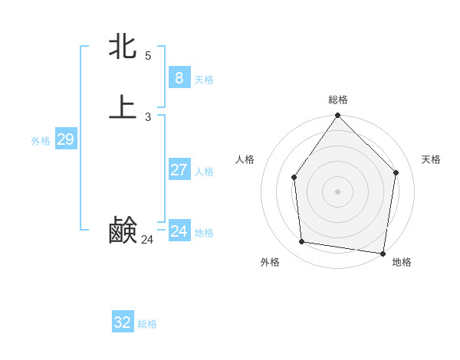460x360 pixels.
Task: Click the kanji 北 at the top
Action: pos(123,46)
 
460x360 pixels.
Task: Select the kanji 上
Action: pos(123,107)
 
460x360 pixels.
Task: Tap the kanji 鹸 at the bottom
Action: pos(123,230)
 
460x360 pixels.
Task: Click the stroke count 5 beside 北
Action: pos(148,56)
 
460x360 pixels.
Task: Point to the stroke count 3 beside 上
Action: pos(148,117)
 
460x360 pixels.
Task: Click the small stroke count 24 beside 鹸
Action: pos(147,240)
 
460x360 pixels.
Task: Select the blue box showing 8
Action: pos(179,78)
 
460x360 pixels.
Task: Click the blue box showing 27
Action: pos(179,170)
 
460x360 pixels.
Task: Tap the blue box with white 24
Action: pos(179,231)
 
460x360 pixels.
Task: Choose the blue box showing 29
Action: pos(65,139)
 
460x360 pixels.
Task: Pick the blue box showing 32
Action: pos(123,322)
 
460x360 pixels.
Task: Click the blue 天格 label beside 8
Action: pos(204,80)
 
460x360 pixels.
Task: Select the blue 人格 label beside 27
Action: pos(204,172)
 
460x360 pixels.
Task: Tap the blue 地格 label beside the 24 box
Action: pos(204,233)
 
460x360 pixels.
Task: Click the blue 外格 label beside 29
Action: pos(41,141)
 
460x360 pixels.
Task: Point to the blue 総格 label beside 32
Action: pos(147,324)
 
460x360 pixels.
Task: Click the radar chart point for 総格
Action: pos(337,116)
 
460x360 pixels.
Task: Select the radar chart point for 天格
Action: pos(396,172)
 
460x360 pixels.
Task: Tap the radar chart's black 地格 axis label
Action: pos(402,262)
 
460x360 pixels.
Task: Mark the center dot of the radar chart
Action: pos(337,191)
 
